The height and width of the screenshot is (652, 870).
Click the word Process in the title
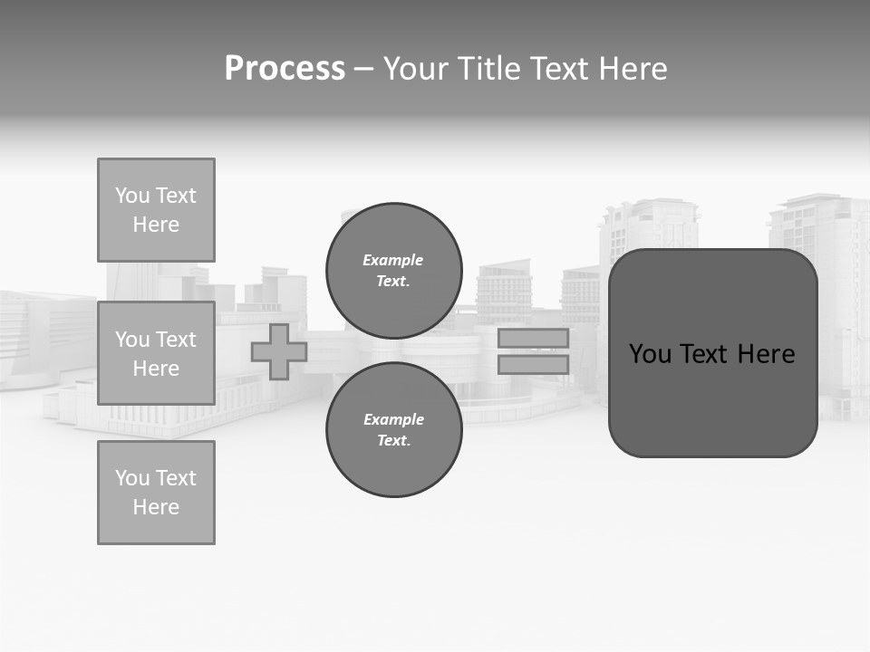[285, 69]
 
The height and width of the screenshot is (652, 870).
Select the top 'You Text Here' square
[156, 210]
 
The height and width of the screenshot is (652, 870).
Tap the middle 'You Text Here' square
[156, 353]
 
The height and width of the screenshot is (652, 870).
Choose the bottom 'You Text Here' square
[156, 493]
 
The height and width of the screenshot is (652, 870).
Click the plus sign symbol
[279, 351]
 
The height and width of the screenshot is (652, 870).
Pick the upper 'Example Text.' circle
[393, 270]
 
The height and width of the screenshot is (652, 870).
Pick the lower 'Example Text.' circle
[393, 429]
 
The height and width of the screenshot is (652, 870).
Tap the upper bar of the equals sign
[533, 338]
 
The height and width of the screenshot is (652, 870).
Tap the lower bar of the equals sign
[533, 364]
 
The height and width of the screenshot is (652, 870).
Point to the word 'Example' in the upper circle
[393, 260]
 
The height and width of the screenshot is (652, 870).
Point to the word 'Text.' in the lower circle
[393, 441]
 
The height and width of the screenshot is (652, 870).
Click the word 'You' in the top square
[132, 196]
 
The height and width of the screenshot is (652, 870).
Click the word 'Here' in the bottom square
[156, 507]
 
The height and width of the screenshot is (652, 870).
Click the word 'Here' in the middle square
[156, 369]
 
